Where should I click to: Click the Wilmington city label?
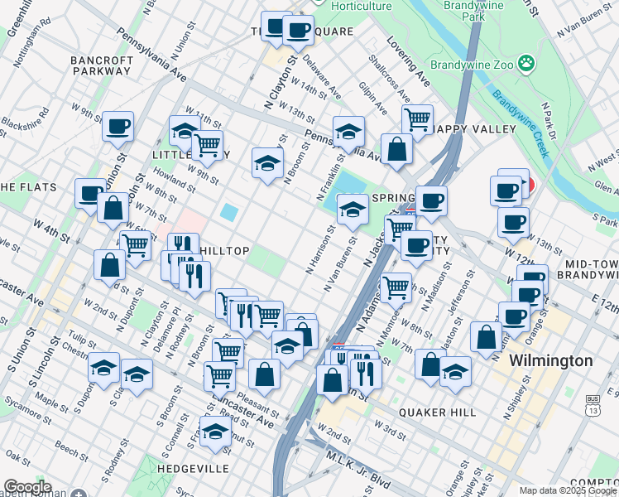[551, 360]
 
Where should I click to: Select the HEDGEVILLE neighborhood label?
[194, 469]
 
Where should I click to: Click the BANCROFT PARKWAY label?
[101, 65]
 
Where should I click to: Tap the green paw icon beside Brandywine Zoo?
[525, 63]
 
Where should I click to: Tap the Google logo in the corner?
[26, 488]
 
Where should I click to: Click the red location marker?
[526, 186]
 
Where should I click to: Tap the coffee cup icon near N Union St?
[118, 127]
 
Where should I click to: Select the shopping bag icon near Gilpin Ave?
[397, 149]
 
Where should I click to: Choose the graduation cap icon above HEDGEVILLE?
[216, 432]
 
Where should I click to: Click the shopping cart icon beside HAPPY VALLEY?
[417, 118]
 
